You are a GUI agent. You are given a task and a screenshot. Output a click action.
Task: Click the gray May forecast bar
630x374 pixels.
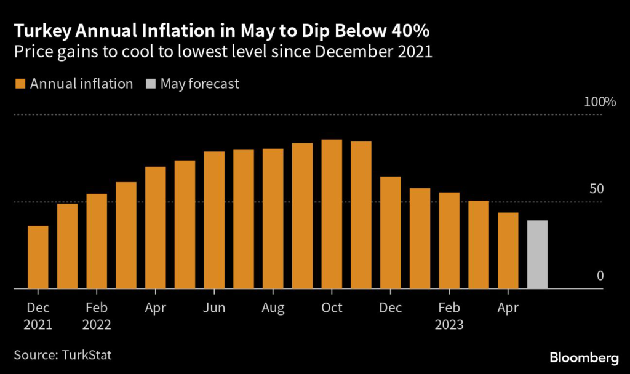click(537, 254)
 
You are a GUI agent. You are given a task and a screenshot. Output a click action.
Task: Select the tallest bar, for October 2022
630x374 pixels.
click(332, 214)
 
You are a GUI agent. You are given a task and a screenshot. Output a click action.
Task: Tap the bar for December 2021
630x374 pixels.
click(38, 257)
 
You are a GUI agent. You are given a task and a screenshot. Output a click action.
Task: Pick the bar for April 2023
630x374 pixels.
click(508, 250)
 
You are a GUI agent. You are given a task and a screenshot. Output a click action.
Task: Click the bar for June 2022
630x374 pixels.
click(214, 220)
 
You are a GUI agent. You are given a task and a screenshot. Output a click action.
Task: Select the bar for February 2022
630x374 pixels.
click(97, 241)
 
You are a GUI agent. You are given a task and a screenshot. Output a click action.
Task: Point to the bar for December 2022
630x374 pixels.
click(391, 233)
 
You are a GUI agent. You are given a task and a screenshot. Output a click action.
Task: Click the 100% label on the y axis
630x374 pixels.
click(600, 102)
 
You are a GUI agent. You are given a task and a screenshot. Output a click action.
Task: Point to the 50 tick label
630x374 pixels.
click(597, 189)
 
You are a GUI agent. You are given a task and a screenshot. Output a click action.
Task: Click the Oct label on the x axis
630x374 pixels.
click(332, 308)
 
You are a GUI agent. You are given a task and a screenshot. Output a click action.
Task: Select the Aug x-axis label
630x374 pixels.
click(273, 308)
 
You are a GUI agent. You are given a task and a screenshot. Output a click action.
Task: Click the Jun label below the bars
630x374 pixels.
click(214, 308)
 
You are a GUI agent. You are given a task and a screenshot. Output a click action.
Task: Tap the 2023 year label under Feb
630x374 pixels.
click(449, 324)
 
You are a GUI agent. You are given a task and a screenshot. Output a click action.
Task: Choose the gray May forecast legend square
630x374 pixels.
click(151, 84)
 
